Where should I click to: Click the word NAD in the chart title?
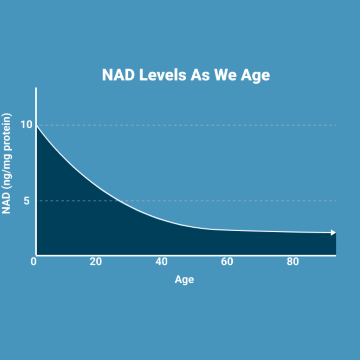(x=118, y=75)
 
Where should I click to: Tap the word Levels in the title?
(x=163, y=75)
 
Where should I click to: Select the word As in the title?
(x=200, y=75)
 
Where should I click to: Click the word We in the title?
(x=225, y=75)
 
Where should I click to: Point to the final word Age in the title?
(x=255, y=76)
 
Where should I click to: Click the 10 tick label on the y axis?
(x=26, y=125)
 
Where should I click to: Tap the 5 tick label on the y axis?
(x=27, y=201)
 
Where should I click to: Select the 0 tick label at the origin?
(x=33, y=262)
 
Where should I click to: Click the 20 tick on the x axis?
(x=96, y=262)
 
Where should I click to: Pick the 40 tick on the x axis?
(x=161, y=262)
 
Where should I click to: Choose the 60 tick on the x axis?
(x=227, y=262)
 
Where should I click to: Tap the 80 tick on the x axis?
(x=293, y=262)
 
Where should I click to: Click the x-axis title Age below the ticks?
(x=184, y=280)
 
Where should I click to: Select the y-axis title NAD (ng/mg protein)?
(x=6, y=163)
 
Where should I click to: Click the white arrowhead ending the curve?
(x=333, y=233)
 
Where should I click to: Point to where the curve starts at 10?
(x=37, y=126)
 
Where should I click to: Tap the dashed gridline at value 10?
(x=186, y=125)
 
